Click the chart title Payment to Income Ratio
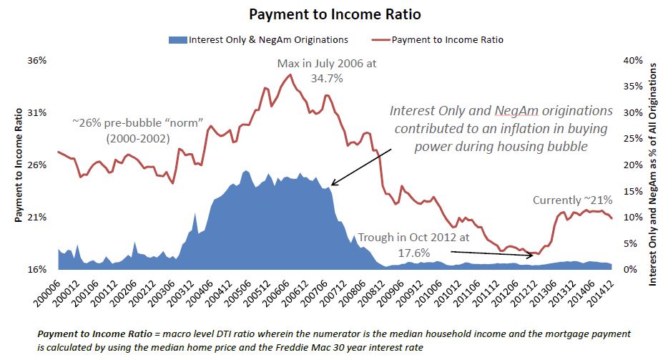point(330,14)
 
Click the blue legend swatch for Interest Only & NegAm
point(177,40)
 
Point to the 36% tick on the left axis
point(36,61)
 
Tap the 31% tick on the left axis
point(36,113)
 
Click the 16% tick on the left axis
point(36,270)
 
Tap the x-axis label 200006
point(45,289)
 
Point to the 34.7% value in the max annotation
point(327,79)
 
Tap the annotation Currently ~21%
point(572,200)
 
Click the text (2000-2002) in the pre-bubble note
point(131,137)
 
